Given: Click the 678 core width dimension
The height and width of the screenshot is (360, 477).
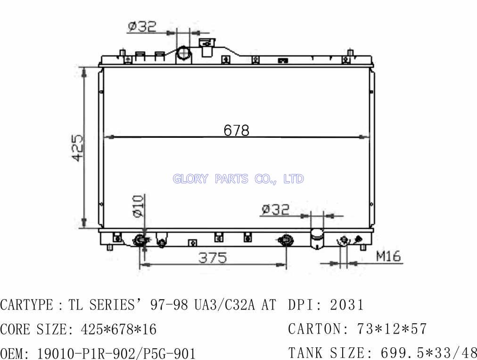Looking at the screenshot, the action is pyautogui.click(x=236, y=130).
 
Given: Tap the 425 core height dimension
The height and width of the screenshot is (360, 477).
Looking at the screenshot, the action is pyautogui.click(x=78, y=148).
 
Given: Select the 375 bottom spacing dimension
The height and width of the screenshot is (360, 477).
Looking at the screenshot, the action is pyautogui.click(x=213, y=258).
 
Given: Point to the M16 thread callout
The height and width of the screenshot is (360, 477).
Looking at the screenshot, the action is pyautogui.click(x=388, y=257).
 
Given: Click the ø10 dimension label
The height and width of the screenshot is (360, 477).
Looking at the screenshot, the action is pyautogui.click(x=138, y=206).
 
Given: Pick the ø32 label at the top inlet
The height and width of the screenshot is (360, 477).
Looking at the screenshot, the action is pyautogui.click(x=142, y=26).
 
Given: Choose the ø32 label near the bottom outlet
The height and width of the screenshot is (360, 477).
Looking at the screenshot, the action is pyautogui.click(x=275, y=209).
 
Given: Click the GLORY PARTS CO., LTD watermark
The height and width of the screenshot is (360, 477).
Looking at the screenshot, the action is pyautogui.click(x=238, y=179).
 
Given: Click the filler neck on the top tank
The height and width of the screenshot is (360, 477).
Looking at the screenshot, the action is pyautogui.click(x=207, y=47).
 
